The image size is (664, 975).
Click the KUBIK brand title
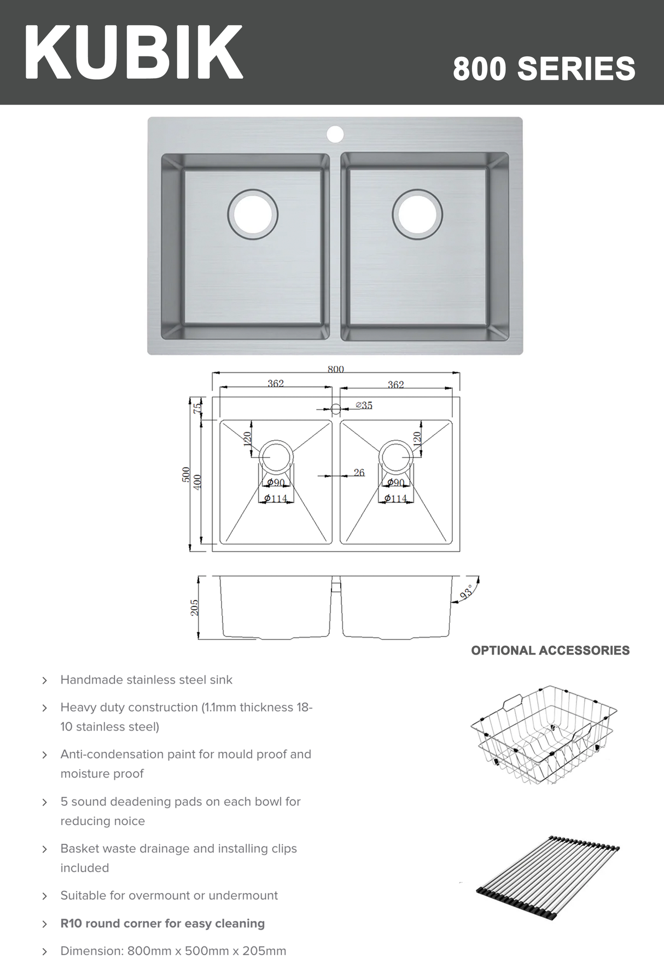133,53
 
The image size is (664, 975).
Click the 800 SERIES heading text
544,69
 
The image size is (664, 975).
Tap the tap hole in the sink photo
335,134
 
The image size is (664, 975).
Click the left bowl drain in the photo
253,214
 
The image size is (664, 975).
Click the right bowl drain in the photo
417,214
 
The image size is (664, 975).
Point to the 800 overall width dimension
335,369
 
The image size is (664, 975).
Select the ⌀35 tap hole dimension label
364,405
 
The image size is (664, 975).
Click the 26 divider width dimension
359,472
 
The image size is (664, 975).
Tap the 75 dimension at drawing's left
197,407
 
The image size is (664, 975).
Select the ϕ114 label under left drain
276,498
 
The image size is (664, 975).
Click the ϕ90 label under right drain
395,482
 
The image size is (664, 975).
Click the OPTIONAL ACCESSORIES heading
550,650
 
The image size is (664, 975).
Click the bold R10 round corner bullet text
162,923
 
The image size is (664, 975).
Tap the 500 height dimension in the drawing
186,474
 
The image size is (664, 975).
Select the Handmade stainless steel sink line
146,680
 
